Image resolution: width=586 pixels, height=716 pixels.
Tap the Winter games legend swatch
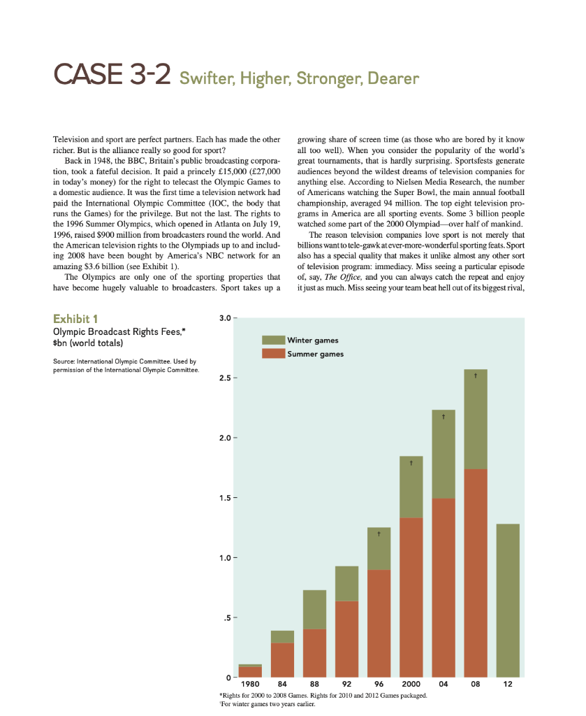(273, 340)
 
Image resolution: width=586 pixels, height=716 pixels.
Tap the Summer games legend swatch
(273, 354)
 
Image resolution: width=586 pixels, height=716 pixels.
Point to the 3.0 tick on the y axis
(224, 319)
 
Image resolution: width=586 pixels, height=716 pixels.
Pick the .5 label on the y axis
(226, 617)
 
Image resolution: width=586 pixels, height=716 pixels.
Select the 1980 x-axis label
(249, 685)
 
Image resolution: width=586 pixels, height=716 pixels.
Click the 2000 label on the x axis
(411, 685)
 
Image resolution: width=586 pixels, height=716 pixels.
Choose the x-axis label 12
(508, 685)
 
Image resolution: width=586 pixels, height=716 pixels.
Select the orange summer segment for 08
(476, 573)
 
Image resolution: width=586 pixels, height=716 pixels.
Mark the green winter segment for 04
(444, 454)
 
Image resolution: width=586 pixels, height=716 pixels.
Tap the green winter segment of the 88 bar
(314, 609)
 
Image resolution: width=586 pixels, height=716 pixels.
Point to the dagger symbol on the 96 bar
(379, 534)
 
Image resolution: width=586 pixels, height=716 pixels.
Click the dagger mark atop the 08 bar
(476, 375)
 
